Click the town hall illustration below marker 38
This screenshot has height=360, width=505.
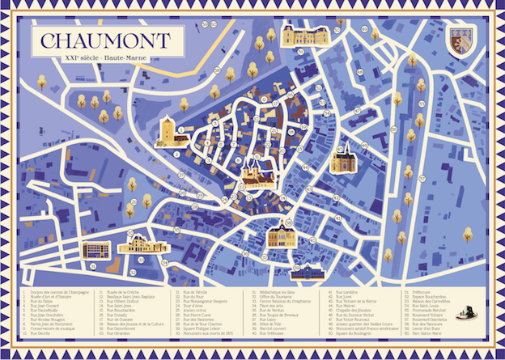[282, 234]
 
